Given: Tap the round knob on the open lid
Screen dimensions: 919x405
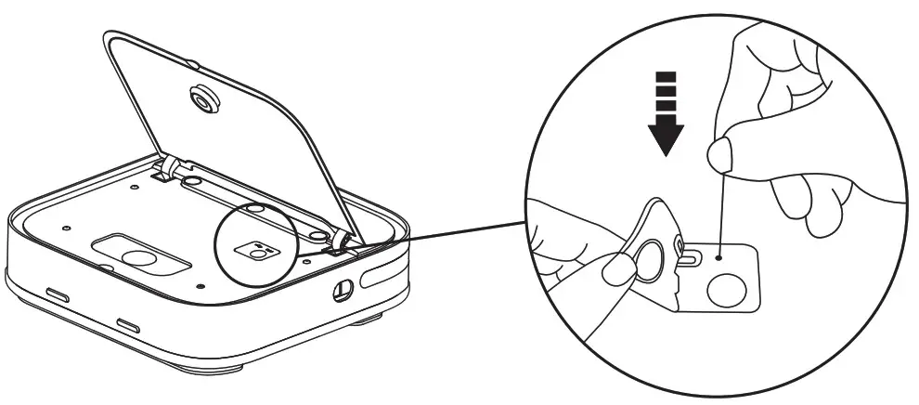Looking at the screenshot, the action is (201, 98).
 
